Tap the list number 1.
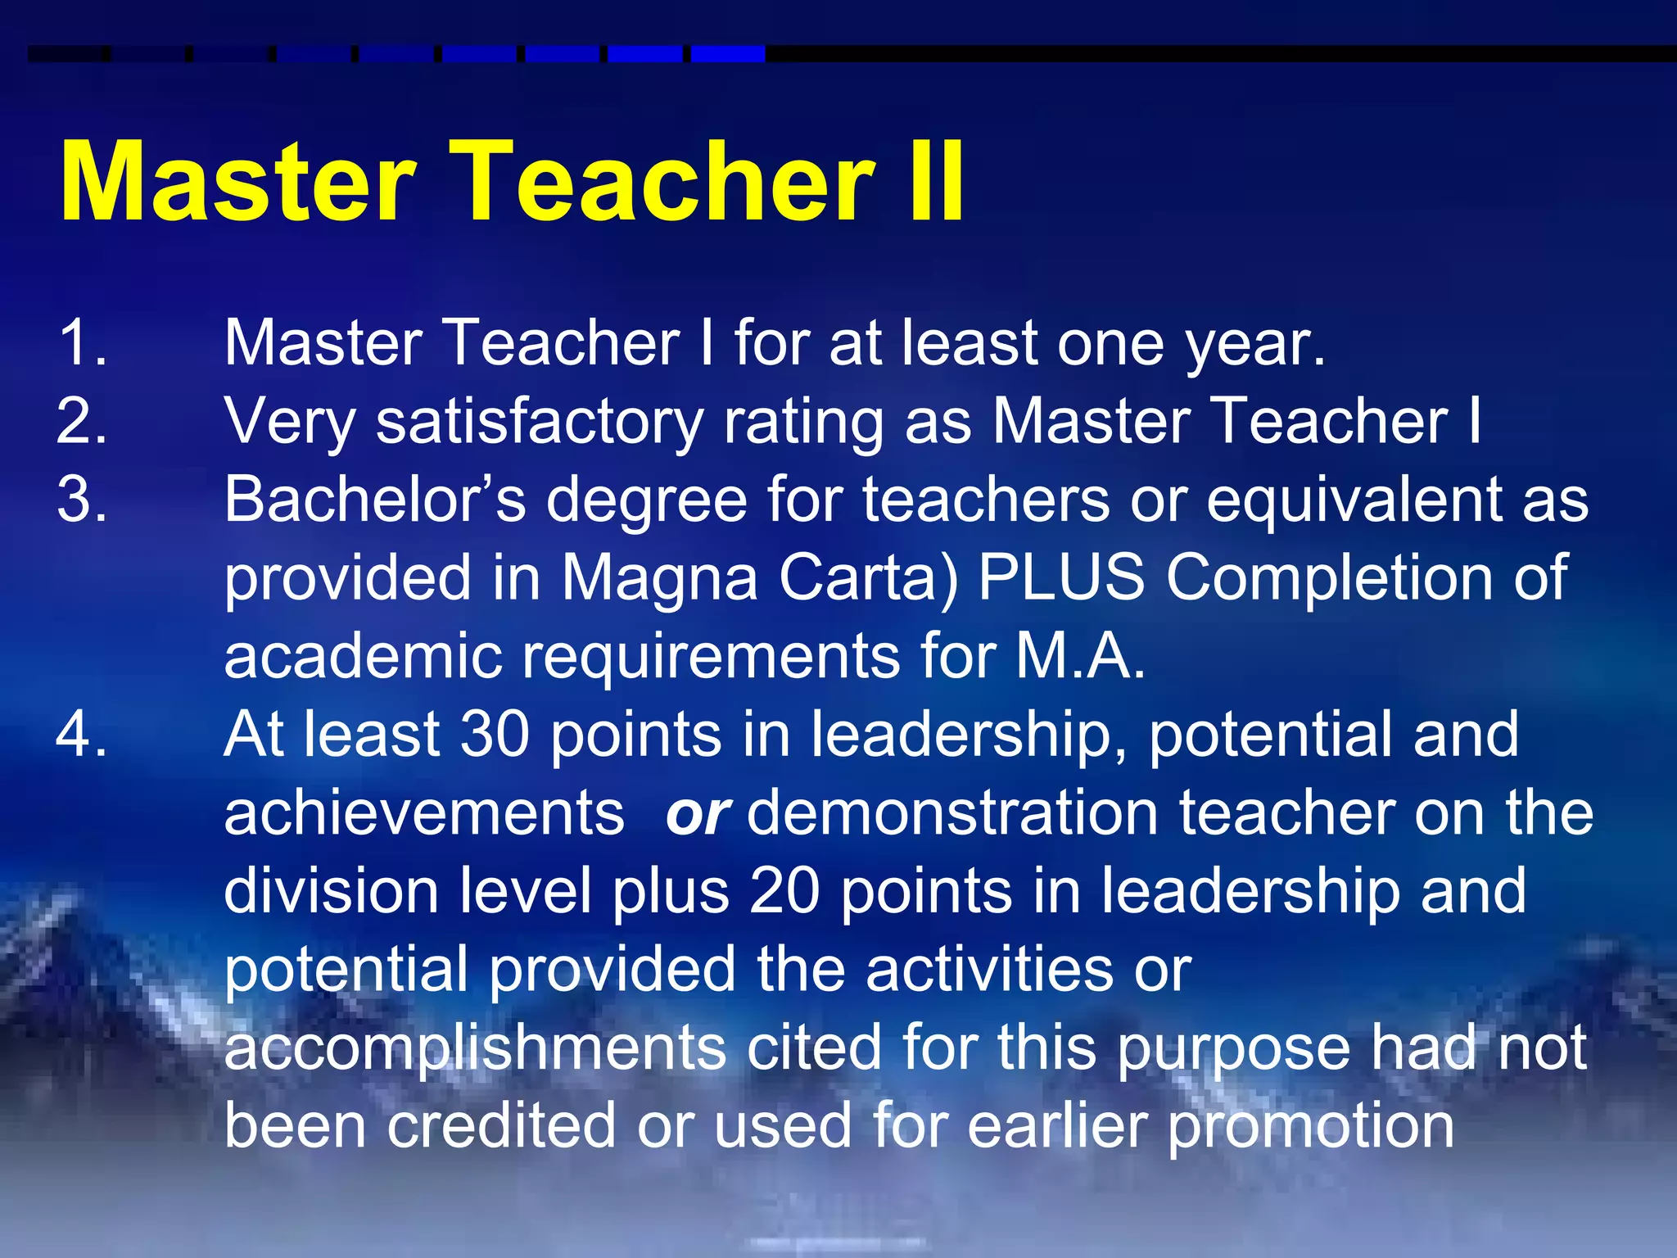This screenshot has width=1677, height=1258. pos(82,342)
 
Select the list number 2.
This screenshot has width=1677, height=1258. pos(82,421)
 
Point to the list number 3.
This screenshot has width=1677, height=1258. pos(82,500)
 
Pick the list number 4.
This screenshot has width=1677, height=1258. pos(82,734)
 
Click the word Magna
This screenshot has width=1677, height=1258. pos(660,578)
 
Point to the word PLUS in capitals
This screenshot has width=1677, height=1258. pos(1062,577)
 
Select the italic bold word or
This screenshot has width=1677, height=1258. pos(697,814)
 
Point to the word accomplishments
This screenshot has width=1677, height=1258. pos(475,1048)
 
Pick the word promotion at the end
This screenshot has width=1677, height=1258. pos(1310,1127)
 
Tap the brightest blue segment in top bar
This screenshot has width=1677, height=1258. pos(728,54)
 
